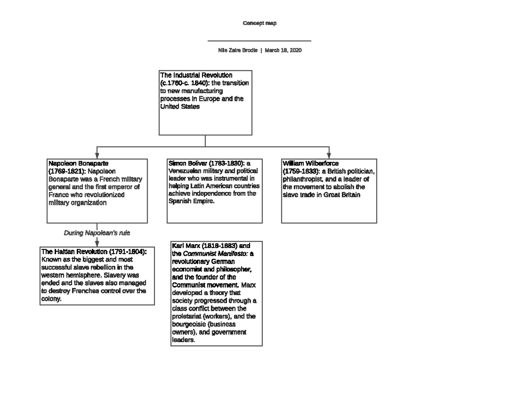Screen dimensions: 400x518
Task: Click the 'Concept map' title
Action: click(259, 23)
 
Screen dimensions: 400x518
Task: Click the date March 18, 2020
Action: click(283, 50)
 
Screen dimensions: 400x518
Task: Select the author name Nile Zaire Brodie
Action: click(238, 50)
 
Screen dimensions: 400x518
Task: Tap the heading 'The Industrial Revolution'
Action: click(196, 75)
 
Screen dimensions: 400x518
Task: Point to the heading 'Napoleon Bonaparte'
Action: click(78, 164)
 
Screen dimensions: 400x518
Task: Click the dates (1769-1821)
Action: click(67, 171)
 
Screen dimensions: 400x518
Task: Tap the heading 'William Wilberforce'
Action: click(310, 164)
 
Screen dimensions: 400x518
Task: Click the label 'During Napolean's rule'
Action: click(97, 233)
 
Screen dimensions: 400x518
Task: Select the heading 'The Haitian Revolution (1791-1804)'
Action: click(94, 252)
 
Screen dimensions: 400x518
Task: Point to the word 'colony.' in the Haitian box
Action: click(51, 299)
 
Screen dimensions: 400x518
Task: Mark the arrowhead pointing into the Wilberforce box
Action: click(329, 155)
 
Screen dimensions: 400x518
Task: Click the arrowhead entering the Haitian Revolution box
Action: click(97, 244)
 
